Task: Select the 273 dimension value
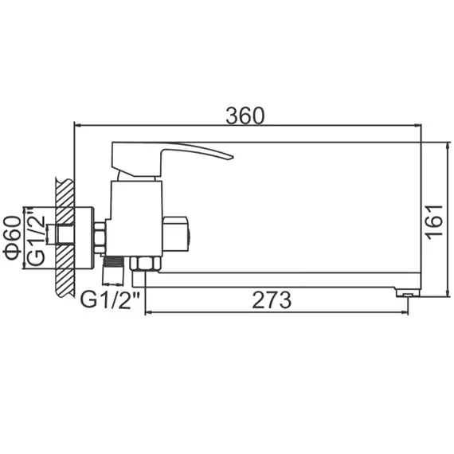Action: pyautogui.click(x=272, y=300)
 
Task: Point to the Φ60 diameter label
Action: pyautogui.click(x=12, y=238)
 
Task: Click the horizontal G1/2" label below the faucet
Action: pyautogui.click(x=111, y=300)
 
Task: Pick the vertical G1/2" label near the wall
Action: pyautogui.click(x=36, y=238)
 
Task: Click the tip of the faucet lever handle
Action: pyautogui.click(x=229, y=155)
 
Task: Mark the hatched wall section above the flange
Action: pyautogui.click(x=65, y=191)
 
